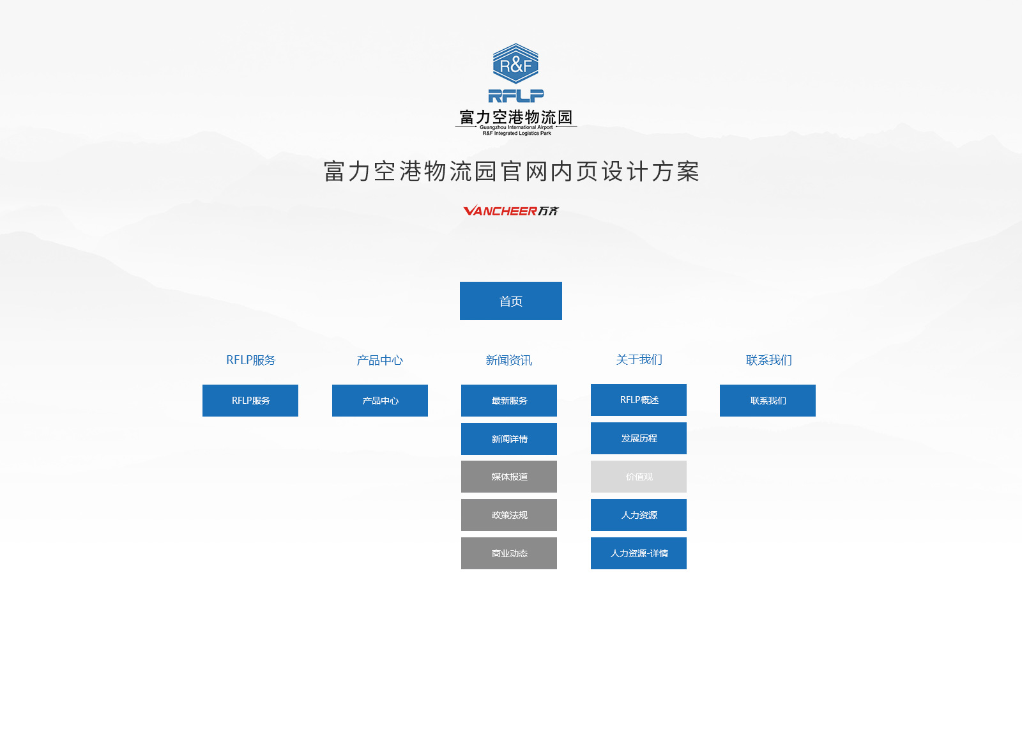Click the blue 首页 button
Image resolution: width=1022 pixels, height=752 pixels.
[510, 301]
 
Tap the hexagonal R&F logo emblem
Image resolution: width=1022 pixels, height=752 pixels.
[515, 63]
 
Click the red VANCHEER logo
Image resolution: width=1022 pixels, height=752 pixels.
[510, 210]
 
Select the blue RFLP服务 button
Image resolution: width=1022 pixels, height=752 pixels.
[250, 400]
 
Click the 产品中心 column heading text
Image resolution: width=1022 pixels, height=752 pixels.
[379, 360]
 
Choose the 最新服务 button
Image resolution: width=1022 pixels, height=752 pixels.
[508, 400]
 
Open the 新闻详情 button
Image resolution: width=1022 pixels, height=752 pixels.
[508, 438]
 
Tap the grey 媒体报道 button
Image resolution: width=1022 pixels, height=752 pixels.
[508, 477]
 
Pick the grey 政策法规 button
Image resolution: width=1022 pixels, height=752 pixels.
[508, 515]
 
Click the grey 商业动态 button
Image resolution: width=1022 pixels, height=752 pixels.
[508, 553]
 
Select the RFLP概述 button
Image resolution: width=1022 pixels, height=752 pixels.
[638, 400]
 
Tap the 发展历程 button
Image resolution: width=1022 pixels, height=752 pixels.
[638, 438]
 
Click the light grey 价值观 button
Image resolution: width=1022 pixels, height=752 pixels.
[638, 477]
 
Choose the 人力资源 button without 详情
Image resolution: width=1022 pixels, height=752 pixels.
[638, 515]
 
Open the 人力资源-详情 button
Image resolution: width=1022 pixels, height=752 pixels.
[638, 553]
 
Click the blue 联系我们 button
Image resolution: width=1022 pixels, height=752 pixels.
[767, 400]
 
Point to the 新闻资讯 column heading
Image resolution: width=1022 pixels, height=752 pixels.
[508, 360]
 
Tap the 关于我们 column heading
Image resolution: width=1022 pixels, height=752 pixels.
[639, 360]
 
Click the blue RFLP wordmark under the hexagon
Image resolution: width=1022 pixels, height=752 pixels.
[515, 96]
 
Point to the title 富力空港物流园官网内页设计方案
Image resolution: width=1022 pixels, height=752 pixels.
[511, 172]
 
